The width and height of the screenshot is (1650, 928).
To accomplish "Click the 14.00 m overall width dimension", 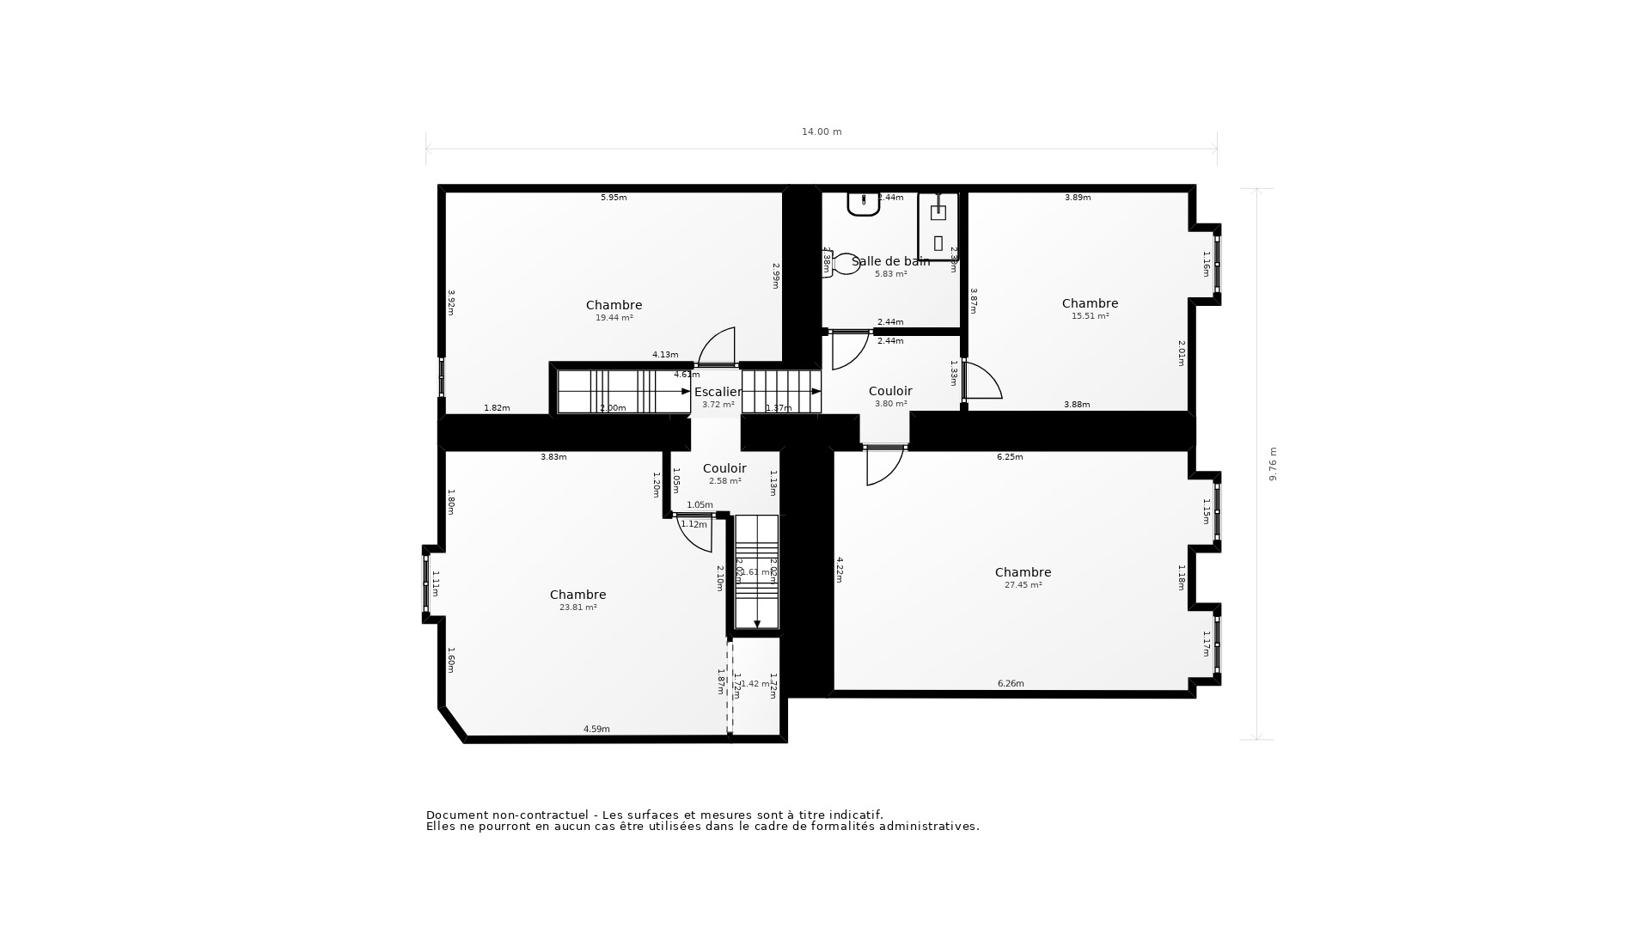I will (822, 131).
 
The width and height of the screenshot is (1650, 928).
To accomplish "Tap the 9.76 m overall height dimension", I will (1273, 464).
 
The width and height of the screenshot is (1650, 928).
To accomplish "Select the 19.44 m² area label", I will (614, 318).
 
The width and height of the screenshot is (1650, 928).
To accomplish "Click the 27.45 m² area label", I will (1023, 585).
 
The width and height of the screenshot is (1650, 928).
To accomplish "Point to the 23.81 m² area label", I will (577, 607).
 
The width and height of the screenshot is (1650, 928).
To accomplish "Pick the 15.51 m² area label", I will (1090, 316).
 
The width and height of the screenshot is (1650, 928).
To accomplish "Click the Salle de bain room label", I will (890, 261).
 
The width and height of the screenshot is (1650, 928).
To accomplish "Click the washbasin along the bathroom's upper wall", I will (863, 204).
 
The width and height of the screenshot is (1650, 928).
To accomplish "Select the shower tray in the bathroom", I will (938, 227).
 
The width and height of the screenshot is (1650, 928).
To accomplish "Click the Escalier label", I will (718, 392).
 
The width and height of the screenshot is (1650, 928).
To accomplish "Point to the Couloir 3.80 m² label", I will (890, 391).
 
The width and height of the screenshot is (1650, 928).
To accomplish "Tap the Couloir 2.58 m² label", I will (724, 468).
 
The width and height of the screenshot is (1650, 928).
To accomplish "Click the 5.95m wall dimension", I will (614, 198).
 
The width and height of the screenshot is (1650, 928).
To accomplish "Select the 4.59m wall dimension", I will (596, 730).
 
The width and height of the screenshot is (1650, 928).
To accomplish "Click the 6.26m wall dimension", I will (1011, 684).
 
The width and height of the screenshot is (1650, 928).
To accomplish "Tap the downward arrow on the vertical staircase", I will (757, 622).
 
